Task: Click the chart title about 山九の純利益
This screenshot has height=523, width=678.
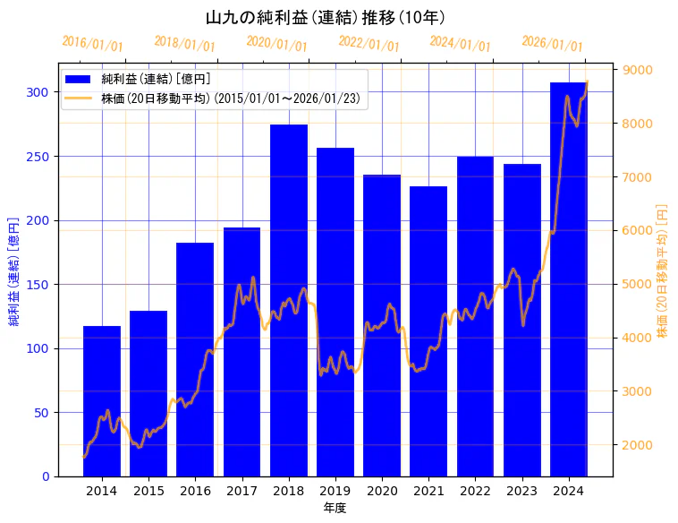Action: [326, 18]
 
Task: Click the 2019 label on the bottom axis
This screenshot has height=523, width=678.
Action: [335, 491]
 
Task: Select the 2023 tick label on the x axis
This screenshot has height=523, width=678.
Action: [522, 491]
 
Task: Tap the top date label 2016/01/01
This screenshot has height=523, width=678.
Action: [93, 44]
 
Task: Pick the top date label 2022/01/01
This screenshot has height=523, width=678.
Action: [369, 44]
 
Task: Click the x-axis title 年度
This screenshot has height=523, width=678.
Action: [335, 508]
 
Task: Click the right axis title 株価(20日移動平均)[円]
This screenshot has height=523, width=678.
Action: [663, 270]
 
